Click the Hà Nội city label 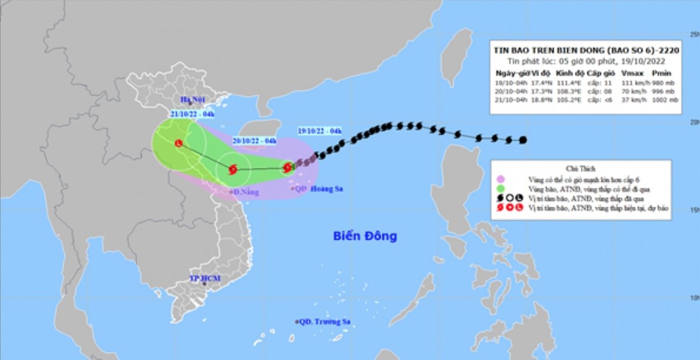point(192,99)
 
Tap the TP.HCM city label point(204,278)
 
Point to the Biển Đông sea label point(365,236)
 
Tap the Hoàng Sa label point(327,188)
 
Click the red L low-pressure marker point(178,143)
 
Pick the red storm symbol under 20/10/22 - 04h point(233,170)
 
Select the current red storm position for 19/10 point(288,168)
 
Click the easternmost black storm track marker point(523,139)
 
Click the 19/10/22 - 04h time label point(319,131)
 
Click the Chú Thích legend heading point(579,167)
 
